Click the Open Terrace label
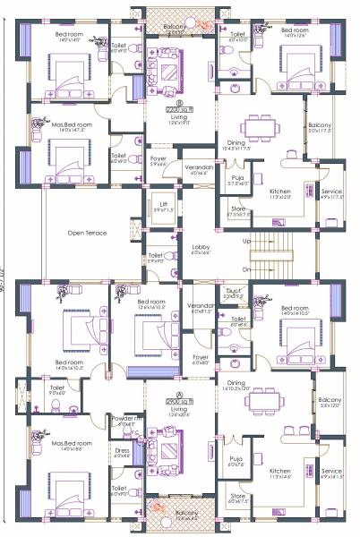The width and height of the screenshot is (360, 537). [x=87, y=233]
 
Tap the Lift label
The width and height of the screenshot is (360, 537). [x=163, y=204]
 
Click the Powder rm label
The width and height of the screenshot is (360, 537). [x=125, y=419]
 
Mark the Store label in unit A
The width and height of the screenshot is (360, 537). [x=236, y=497]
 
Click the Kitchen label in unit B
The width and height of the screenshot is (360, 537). [x=280, y=192]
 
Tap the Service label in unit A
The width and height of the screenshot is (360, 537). [x=331, y=472]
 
